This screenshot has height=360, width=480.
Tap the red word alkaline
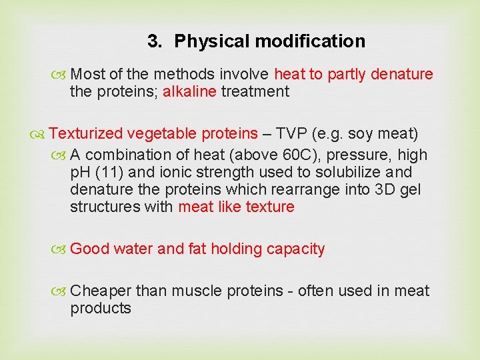(x=189, y=91)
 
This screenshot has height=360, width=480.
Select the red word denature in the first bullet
(x=402, y=74)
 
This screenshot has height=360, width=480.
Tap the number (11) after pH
(x=107, y=172)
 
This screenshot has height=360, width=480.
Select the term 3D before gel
(x=388, y=189)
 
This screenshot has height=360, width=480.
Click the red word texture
(x=269, y=207)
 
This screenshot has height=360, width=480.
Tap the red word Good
(x=89, y=249)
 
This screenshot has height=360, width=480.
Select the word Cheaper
(x=101, y=291)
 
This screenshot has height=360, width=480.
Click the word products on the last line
(x=101, y=308)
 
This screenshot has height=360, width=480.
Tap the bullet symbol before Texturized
(x=42, y=134)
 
